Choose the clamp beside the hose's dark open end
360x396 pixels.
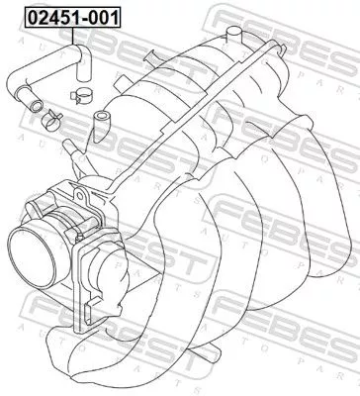pyautogui.click(x=50, y=121)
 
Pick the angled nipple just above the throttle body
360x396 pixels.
pyautogui.click(x=69, y=149)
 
